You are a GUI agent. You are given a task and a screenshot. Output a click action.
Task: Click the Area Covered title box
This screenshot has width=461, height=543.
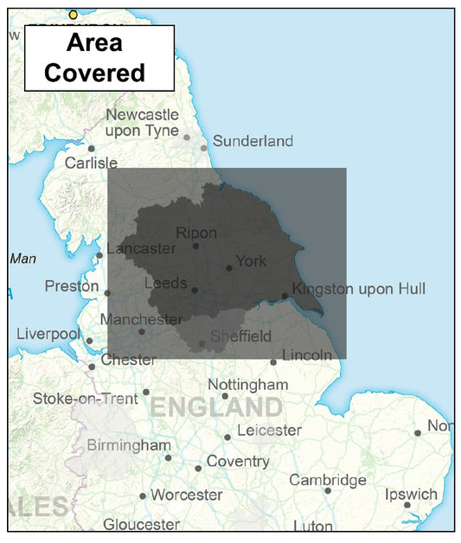(99, 58)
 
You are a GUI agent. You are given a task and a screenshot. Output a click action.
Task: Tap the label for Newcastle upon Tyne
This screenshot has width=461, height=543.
(142, 123)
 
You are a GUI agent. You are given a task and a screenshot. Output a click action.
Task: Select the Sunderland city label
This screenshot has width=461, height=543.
(253, 141)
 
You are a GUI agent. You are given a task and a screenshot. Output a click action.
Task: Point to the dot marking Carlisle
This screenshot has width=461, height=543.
(91, 149)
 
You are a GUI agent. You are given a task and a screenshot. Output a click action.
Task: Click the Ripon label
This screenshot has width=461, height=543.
(196, 233)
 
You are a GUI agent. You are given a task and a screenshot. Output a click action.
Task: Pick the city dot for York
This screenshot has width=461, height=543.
(229, 268)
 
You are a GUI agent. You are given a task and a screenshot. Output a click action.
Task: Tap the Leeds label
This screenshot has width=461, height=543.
(165, 283)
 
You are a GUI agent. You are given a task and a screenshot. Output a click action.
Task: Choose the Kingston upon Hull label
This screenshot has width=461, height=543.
(359, 289)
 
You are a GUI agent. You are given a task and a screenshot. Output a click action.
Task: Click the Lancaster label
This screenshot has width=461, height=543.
(140, 248)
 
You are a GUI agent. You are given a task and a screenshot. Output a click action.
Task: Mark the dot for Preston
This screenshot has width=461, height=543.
(107, 293)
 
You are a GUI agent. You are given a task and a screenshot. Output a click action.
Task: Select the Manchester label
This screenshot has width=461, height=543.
(141, 319)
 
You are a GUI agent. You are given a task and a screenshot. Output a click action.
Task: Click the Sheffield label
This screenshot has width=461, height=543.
(240, 336)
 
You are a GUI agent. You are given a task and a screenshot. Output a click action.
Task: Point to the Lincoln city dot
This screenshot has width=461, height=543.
(273, 362)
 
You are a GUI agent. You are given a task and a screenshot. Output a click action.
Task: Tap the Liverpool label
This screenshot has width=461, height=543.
(48, 334)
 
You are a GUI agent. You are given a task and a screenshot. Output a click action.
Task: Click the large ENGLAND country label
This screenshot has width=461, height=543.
(216, 407)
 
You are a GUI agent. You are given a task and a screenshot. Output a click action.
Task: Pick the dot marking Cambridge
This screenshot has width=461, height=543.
(328, 490)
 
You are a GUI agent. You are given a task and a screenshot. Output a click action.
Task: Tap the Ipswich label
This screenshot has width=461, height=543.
(411, 495)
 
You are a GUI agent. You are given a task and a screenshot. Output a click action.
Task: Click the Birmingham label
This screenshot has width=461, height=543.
(129, 445)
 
